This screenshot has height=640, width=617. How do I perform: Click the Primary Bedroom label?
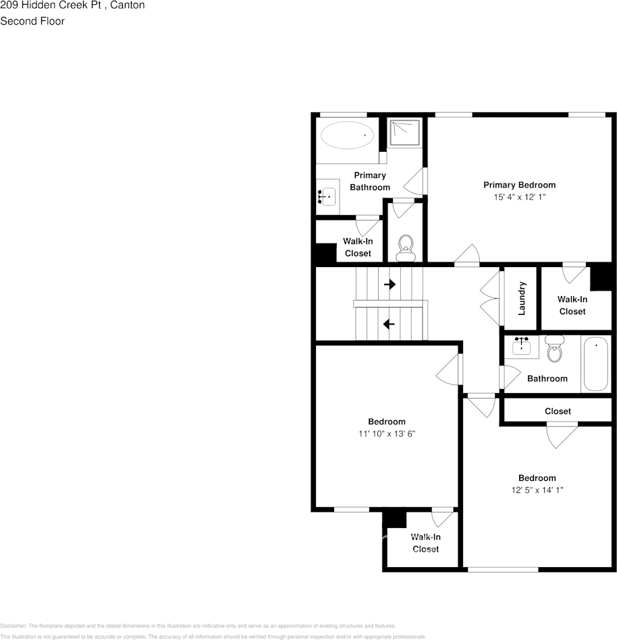pos(519,185)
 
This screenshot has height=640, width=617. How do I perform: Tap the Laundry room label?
pos(521,298)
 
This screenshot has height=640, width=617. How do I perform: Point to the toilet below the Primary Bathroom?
pos(405,247)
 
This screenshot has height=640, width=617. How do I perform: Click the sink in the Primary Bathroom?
pos(327,197)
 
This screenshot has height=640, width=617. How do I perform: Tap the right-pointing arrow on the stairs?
pos(390,285)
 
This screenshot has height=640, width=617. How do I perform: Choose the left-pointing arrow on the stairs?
pos(389,324)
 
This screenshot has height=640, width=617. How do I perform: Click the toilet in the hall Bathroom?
pos(555,349)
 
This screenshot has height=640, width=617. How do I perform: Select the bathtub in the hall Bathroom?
pos(595,365)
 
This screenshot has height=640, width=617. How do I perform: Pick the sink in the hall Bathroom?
pos(521,347)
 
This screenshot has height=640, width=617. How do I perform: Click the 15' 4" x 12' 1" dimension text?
pos(519,198)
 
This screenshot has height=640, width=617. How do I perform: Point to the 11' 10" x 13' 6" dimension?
pos(387,434)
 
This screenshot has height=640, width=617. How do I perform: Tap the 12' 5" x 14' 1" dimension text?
pos(537,490)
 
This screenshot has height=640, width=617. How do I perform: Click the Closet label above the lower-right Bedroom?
pos(558,411)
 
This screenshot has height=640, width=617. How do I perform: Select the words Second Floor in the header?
pos(32,21)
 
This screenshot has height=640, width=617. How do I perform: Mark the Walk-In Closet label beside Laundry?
pos(572,305)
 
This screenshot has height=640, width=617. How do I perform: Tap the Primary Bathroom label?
pos(370,181)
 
